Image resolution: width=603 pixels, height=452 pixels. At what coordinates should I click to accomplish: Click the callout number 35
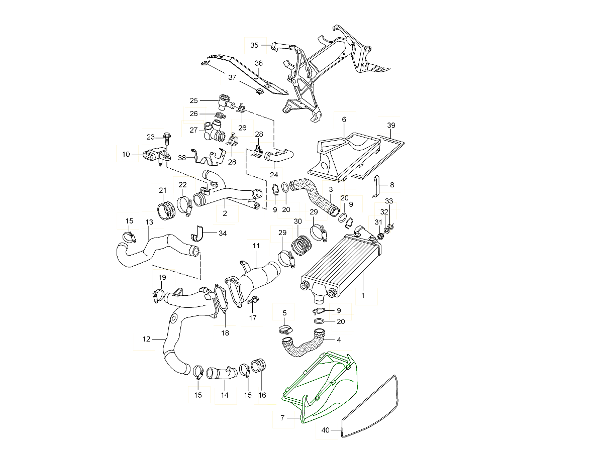(x=254, y=45)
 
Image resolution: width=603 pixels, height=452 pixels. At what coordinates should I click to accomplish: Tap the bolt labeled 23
(x=167, y=136)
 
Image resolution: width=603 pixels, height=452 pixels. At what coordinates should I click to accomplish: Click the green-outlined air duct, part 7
(x=327, y=387)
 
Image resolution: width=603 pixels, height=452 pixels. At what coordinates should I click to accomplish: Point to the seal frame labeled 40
(x=372, y=407)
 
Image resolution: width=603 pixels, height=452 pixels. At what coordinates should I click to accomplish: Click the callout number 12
(x=147, y=339)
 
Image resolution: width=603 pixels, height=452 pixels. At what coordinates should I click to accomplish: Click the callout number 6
(x=344, y=120)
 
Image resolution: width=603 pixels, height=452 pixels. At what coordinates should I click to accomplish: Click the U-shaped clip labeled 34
(x=199, y=234)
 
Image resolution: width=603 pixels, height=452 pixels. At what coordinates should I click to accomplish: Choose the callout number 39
(x=391, y=125)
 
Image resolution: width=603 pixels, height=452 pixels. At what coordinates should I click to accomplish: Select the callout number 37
(x=232, y=77)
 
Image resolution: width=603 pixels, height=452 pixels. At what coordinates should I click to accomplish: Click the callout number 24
(x=274, y=174)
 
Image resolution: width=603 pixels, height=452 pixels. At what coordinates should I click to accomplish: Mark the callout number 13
(x=149, y=222)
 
